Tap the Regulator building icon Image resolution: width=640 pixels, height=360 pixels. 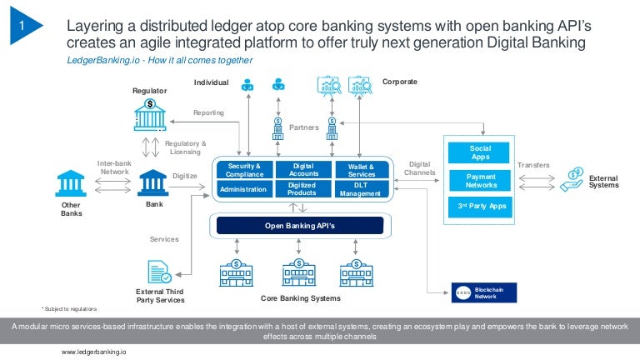click(149, 115)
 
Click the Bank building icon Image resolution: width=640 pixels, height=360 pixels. click(153, 182)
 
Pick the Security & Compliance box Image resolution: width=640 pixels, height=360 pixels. click(243, 170)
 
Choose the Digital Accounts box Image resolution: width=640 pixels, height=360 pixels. click(302, 170)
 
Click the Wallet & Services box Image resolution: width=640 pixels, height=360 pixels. click(361, 170)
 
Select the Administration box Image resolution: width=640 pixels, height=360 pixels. click(243, 189)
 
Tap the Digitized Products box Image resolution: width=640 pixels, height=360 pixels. click(302, 189)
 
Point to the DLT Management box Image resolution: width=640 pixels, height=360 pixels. click(361, 189)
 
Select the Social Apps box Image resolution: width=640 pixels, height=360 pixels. click(481, 152)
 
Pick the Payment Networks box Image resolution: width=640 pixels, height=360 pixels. click(481, 181)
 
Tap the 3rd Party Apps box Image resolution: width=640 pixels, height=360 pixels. click(481, 206)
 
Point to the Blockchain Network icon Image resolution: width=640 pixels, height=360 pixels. click(463, 292)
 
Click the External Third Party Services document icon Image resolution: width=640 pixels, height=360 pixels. click(159, 272)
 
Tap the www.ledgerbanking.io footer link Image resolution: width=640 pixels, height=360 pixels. click(94, 352)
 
